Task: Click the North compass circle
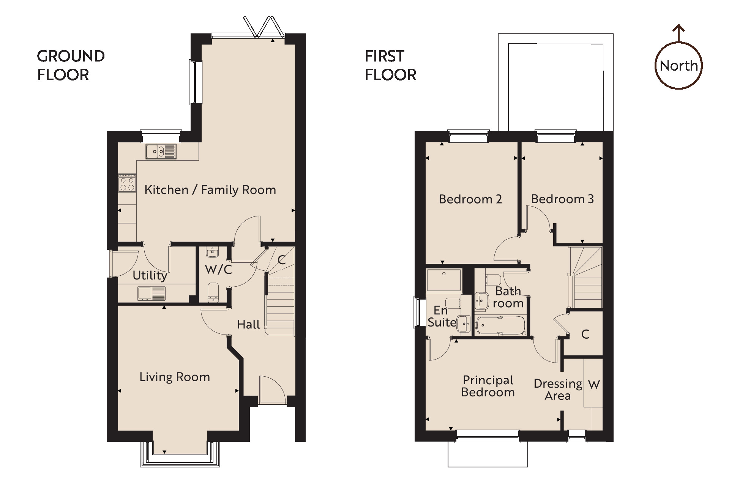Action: [x=679, y=66]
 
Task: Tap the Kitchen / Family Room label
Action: [x=210, y=190]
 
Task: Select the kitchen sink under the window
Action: [x=161, y=152]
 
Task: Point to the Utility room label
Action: [x=150, y=275]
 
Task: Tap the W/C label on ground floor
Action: [x=218, y=270]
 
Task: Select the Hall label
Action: [x=248, y=324]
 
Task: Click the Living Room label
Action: [x=174, y=377]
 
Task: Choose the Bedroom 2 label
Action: [x=470, y=199]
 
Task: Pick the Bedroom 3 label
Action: [x=562, y=199]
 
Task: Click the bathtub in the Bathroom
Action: [x=500, y=326]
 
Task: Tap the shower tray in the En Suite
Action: [x=444, y=280]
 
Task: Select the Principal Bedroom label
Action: [x=488, y=386]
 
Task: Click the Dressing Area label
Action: [x=557, y=390]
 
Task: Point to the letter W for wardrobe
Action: [x=593, y=385]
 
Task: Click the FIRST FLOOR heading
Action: [x=390, y=65]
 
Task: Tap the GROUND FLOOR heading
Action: [x=71, y=65]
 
